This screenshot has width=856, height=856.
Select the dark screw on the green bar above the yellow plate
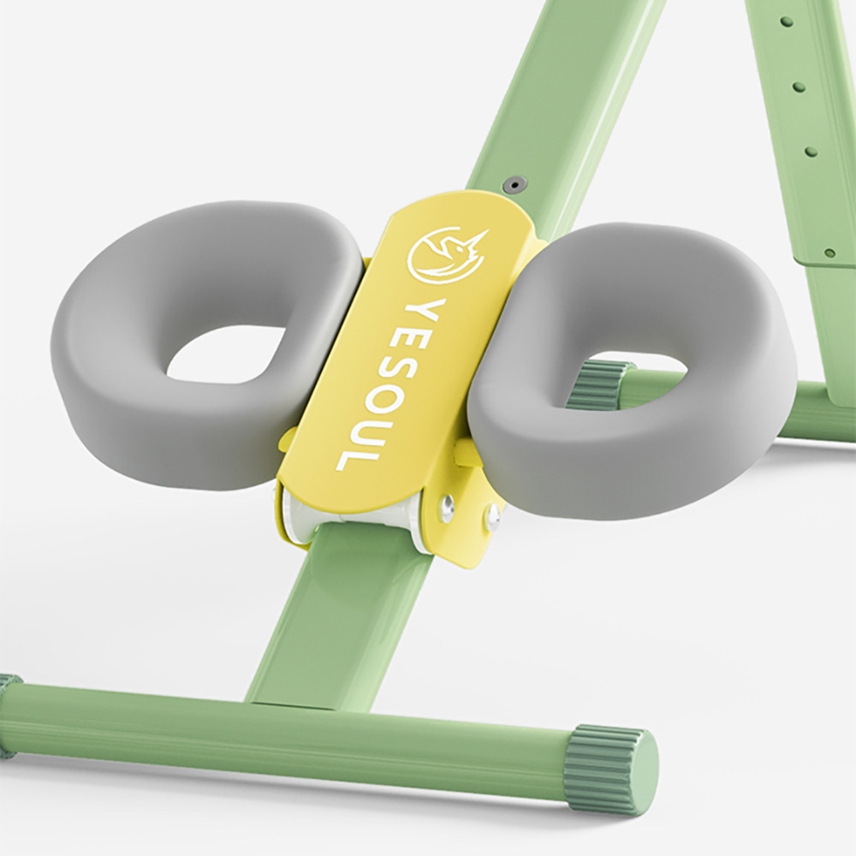pyautogui.click(x=514, y=184)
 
